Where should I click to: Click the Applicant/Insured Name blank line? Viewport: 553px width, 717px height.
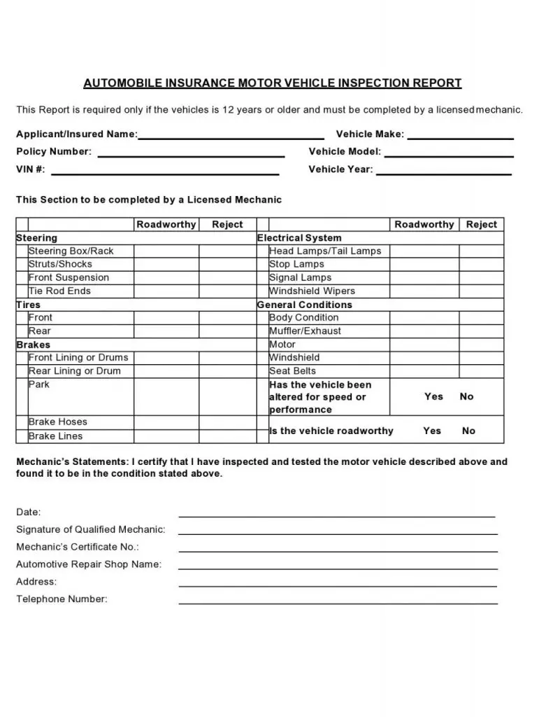pos(231,135)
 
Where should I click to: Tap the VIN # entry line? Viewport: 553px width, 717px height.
pos(165,170)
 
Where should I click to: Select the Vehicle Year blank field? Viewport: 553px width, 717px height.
pos(444,170)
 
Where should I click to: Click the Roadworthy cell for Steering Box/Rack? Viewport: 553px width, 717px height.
pos(166,251)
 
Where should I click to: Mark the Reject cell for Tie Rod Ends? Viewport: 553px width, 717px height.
pos(228,291)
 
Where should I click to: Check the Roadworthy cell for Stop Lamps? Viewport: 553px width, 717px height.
pos(424,265)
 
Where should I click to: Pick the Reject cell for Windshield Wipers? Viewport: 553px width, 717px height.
pos(481,291)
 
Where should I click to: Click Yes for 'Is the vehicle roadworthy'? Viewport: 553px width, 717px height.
pos(432,431)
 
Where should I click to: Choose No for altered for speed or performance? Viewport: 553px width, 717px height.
pos(466,396)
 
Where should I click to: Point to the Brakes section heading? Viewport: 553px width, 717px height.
pos(34,344)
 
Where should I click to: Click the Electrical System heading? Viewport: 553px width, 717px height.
pos(299,238)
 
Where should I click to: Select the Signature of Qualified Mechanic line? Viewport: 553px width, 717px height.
pos(338,531)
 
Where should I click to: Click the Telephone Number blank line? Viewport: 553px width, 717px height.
pos(338,600)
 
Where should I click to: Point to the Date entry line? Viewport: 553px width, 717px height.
pos(336,513)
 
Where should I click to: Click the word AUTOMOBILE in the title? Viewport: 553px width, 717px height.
pos(122,83)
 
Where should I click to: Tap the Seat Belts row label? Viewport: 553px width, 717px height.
pos(292,371)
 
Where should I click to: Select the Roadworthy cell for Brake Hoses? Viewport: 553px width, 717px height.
pos(166,422)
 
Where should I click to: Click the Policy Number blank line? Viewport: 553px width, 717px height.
pos(190,153)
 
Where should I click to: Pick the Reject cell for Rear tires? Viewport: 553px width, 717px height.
pos(228,331)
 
